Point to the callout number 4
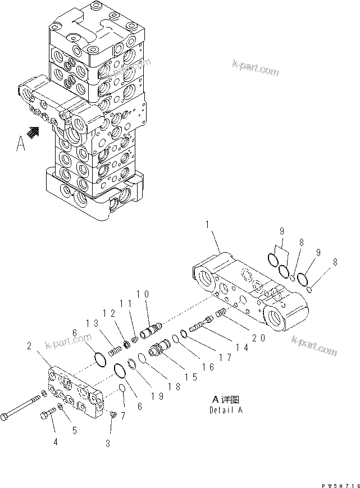56,443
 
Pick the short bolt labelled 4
47,416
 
